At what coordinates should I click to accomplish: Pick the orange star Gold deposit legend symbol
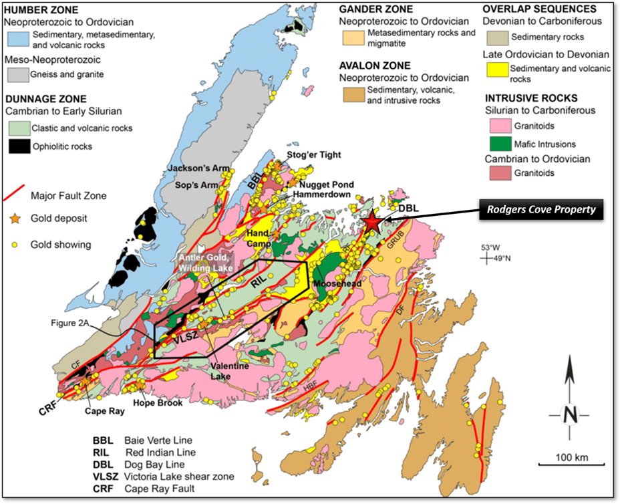[x=16, y=219]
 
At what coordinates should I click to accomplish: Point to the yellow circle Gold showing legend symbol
[x=16, y=245]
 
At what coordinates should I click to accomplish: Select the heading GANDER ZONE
[x=375, y=9]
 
